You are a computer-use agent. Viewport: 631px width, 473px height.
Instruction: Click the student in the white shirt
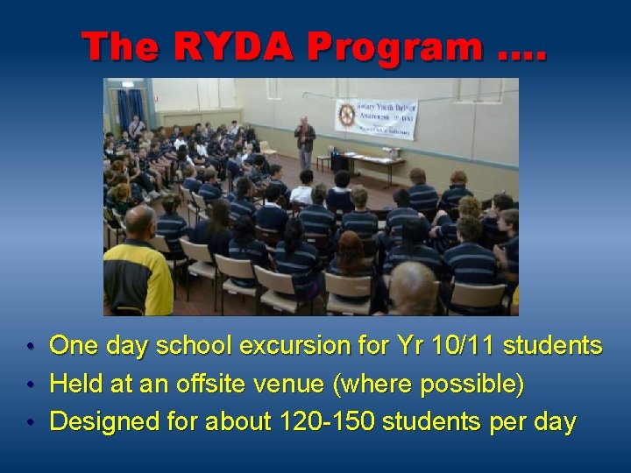(x=303, y=187)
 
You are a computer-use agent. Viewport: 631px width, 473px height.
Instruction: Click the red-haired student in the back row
(x=354, y=258)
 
